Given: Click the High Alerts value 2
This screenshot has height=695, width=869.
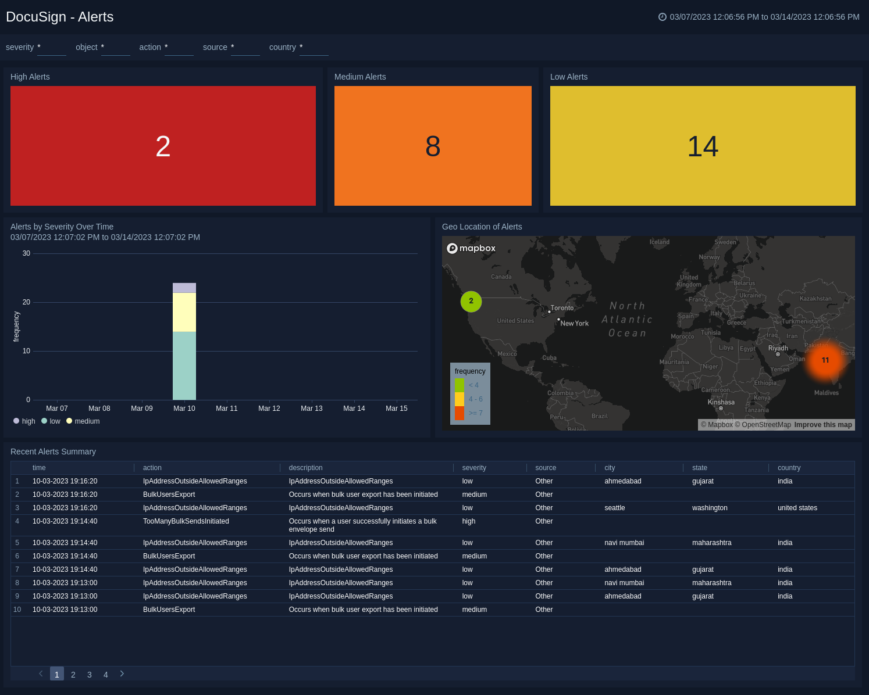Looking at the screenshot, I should [x=163, y=146].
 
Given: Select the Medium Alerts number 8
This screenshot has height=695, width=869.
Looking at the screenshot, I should [x=433, y=146].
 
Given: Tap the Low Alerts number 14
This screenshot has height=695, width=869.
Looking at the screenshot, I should [x=703, y=146].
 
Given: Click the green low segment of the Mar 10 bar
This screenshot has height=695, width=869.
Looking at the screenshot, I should [x=184, y=366].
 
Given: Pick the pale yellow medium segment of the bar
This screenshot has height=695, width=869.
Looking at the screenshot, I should [x=184, y=312].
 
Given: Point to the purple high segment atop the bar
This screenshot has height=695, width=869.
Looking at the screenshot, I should [x=184, y=288].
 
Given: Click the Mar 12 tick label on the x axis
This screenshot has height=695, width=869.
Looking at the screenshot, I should [x=269, y=409].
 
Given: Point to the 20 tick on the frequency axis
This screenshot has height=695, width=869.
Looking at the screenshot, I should [x=26, y=302].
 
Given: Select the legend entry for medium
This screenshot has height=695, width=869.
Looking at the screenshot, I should [x=87, y=421].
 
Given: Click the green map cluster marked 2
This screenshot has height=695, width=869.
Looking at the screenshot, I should [x=471, y=301].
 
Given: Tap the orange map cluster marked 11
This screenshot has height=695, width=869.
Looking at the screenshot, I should [x=825, y=360].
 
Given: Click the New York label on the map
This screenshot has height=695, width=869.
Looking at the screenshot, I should [x=574, y=324].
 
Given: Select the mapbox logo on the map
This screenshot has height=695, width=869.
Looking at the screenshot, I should [x=471, y=249].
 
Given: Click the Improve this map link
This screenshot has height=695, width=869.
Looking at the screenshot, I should [x=822, y=425].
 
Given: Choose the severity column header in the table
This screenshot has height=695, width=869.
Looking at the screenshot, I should [x=474, y=468].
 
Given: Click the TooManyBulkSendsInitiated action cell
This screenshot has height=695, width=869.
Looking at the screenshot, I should [x=186, y=521].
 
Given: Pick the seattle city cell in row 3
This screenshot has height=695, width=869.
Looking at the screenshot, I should [x=615, y=508].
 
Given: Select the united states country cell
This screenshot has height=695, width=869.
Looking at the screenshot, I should [x=797, y=508].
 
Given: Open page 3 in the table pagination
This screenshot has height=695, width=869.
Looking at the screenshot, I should [x=90, y=675].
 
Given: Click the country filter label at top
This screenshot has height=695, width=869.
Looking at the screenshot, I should [x=283, y=47].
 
